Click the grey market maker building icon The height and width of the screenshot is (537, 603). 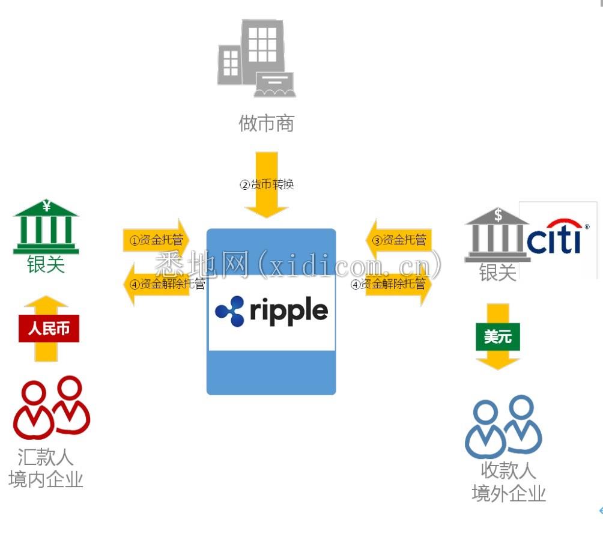[x=256, y=58]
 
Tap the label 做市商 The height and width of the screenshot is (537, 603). [x=267, y=124]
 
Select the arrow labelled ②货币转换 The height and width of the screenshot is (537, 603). [x=267, y=184]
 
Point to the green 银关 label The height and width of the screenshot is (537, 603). [x=46, y=265]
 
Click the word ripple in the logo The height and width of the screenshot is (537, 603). [x=289, y=311]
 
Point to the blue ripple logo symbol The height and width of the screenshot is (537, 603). [x=229, y=311]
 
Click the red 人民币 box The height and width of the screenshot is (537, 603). [x=49, y=329]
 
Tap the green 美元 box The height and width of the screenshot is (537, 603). [x=498, y=337]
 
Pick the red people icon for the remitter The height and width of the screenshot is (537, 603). [x=52, y=407]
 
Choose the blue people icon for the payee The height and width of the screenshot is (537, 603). [x=503, y=426]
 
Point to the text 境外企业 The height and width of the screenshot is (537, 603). [x=509, y=494]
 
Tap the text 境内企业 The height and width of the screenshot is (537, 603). [x=46, y=480]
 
